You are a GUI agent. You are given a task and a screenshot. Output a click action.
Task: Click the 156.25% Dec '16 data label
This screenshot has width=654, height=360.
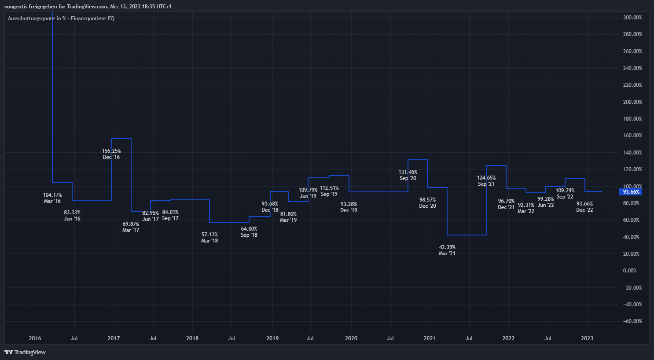coord(111,154)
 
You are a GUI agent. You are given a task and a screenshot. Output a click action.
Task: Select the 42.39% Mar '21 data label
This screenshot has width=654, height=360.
coord(447,250)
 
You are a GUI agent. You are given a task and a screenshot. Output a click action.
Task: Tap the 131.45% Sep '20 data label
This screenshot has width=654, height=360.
coord(408,175)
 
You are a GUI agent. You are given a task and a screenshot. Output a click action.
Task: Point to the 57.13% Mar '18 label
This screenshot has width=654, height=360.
coord(209,238)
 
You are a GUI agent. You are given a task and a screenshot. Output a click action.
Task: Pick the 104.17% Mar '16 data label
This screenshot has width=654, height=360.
coord(52,198)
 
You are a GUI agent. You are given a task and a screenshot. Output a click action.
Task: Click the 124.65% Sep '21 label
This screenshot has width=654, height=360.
coord(486,181)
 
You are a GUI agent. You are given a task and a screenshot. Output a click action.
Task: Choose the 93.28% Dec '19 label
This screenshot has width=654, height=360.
coord(349,207)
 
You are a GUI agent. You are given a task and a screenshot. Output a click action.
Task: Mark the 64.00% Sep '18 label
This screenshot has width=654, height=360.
coord(249,232)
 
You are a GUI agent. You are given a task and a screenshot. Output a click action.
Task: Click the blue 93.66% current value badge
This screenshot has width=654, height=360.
coord(631,192)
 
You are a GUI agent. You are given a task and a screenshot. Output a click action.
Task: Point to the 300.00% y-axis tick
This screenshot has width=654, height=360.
coord(632,18)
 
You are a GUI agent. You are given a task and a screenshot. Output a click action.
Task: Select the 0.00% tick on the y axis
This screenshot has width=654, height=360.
coord(630,271)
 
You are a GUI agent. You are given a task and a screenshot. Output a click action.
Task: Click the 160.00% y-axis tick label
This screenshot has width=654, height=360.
coord(632,136)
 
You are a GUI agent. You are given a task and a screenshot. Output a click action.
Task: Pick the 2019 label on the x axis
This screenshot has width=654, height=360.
coord(272,338)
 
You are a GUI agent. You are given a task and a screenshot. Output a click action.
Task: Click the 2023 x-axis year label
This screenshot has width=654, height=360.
coord(587,338)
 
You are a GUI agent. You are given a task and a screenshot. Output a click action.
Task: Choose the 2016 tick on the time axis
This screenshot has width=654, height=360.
coord(35,338)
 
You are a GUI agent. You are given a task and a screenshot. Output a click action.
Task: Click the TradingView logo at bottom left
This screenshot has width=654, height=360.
coord(25,352)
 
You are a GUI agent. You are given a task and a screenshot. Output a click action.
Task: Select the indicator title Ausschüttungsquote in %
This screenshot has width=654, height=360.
coord(37,18)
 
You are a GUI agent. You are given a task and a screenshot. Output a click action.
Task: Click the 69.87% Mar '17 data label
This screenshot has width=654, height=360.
coord(131,227)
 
